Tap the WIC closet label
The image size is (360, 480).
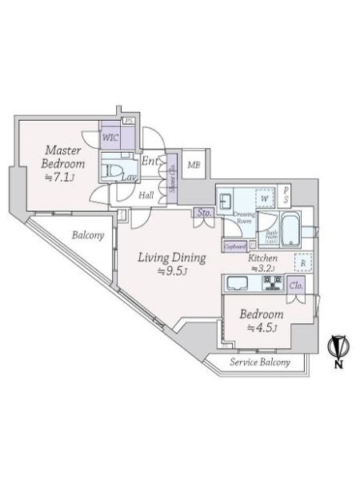click(110, 137)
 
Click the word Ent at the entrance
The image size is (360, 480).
click(150, 162)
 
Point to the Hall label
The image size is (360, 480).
click(146, 194)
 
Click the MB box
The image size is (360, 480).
click(194, 166)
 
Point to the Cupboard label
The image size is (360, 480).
click(235, 247)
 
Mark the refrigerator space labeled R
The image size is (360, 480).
click(303, 262)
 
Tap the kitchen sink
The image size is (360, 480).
click(239, 282)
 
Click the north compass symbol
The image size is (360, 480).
click(337, 347)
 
